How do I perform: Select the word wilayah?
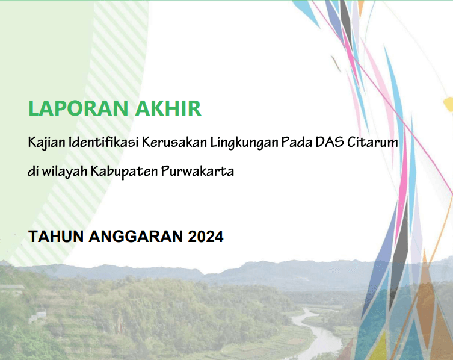pos(64,172)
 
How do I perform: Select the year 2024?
pos(205,237)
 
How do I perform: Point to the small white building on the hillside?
pos(37,316)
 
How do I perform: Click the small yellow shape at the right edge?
pos(448,104)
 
